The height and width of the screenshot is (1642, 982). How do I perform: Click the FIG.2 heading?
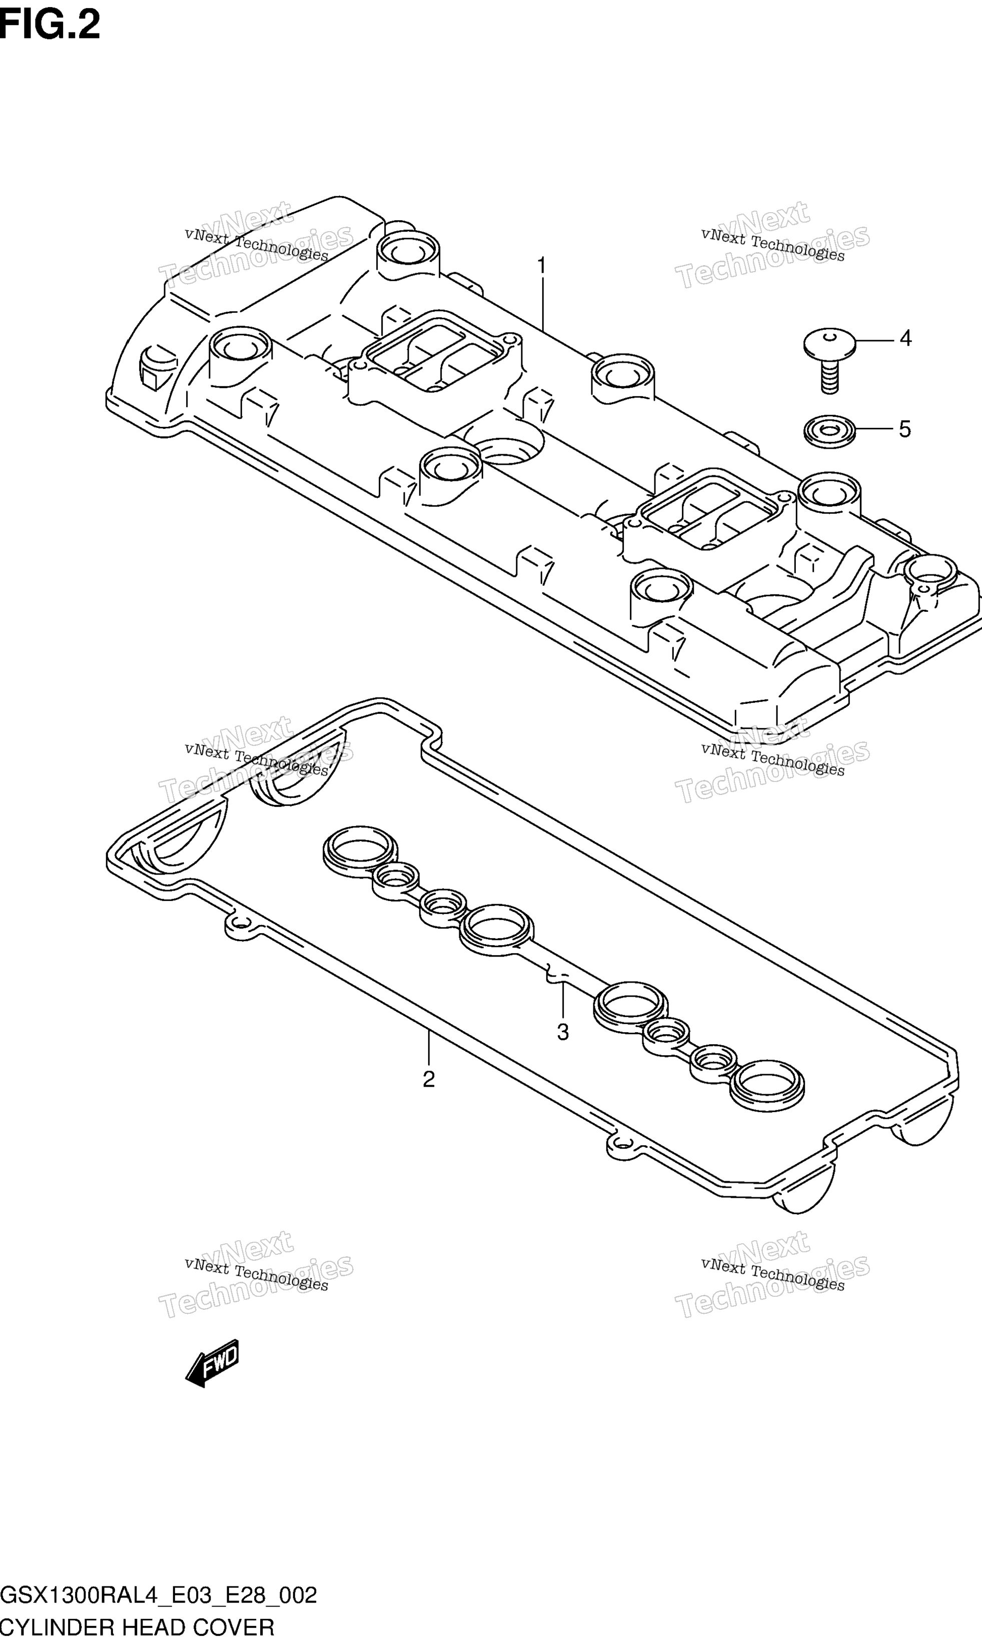click(x=51, y=25)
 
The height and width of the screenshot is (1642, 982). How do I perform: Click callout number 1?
click(x=542, y=266)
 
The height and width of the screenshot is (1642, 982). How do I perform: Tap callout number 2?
click(x=429, y=1080)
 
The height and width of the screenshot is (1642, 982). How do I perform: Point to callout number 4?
click(x=905, y=338)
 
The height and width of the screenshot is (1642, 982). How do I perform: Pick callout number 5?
click(x=904, y=430)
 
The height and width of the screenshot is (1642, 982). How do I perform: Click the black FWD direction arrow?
click(x=212, y=1363)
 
